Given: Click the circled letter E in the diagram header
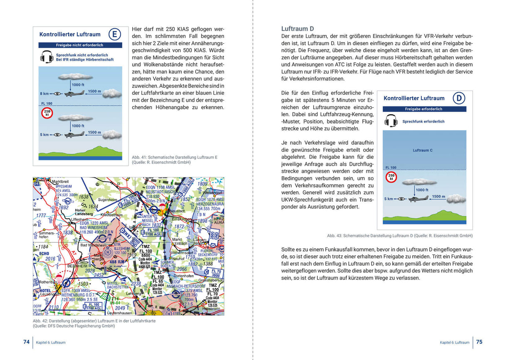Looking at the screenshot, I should point(115,34).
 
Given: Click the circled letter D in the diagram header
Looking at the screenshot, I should point(459,98).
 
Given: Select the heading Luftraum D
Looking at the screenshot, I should point(297,29).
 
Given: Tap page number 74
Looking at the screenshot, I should point(26,342).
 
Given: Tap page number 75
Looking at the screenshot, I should point(479,342).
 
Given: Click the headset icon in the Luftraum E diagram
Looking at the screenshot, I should point(47,57).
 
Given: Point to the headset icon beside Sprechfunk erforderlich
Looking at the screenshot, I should point(391,121).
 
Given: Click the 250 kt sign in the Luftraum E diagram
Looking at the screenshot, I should point(47,113).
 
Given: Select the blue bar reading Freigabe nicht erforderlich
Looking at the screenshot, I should point(80,45).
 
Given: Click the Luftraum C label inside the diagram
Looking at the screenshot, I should point(423,150).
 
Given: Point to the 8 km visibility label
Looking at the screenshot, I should point(45,94).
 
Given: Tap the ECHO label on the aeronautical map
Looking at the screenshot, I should point(43,254).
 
